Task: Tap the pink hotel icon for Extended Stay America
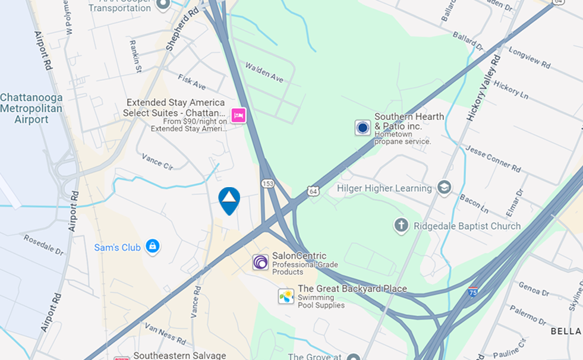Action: pos(238,115)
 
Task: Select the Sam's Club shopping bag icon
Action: pos(153,246)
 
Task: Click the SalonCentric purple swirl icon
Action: pos(260,262)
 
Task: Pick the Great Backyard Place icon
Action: pos(286,296)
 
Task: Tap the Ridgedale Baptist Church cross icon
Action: pos(401,226)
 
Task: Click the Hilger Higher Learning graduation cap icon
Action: pos(443,188)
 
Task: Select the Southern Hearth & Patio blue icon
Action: pos(363,127)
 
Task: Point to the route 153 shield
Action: pos(268,184)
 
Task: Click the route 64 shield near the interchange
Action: pos(313,191)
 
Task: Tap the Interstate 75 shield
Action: pos(473,292)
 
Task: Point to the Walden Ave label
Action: pos(264,72)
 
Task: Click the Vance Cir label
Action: pos(157,161)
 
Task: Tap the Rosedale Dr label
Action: pos(43,245)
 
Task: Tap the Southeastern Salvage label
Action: pos(179,355)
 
